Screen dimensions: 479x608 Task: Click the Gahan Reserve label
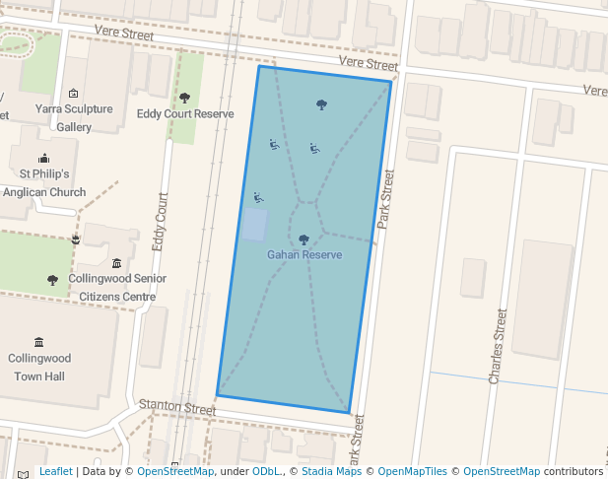click(304, 255)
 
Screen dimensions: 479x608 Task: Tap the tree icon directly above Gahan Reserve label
click(304, 239)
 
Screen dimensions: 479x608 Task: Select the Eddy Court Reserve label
click(185, 114)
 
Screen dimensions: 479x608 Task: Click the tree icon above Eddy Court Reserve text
click(184, 98)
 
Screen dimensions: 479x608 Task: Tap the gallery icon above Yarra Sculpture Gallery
click(73, 93)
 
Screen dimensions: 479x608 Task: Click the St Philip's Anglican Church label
click(45, 184)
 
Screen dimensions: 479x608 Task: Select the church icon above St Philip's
click(43, 158)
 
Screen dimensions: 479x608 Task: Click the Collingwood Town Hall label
click(39, 368)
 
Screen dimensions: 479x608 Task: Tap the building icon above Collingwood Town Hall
click(38, 341)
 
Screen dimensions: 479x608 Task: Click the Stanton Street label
click(177, 406)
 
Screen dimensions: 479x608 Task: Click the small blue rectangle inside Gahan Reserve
click(254, 225)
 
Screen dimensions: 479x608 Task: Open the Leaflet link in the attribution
click(56, 471)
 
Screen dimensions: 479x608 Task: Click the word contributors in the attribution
click(574, 471)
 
